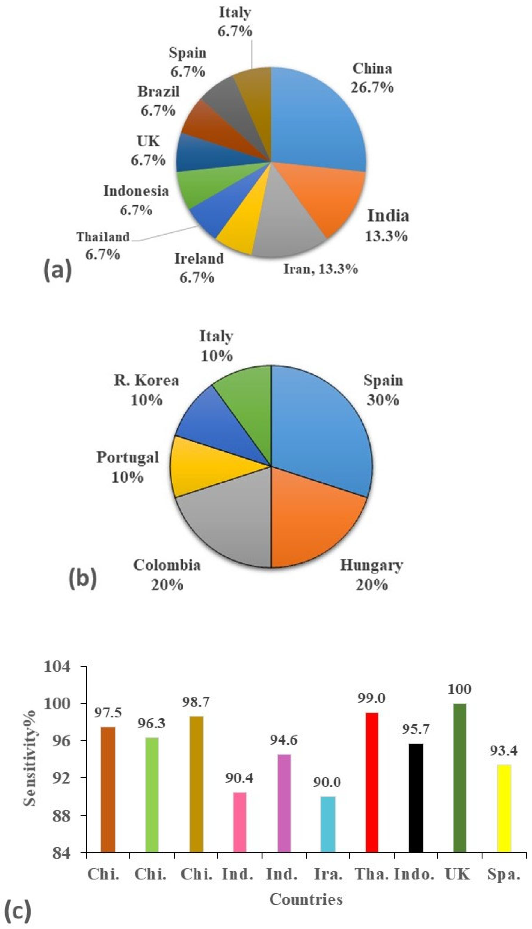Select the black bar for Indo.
click(x=416, y=782)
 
